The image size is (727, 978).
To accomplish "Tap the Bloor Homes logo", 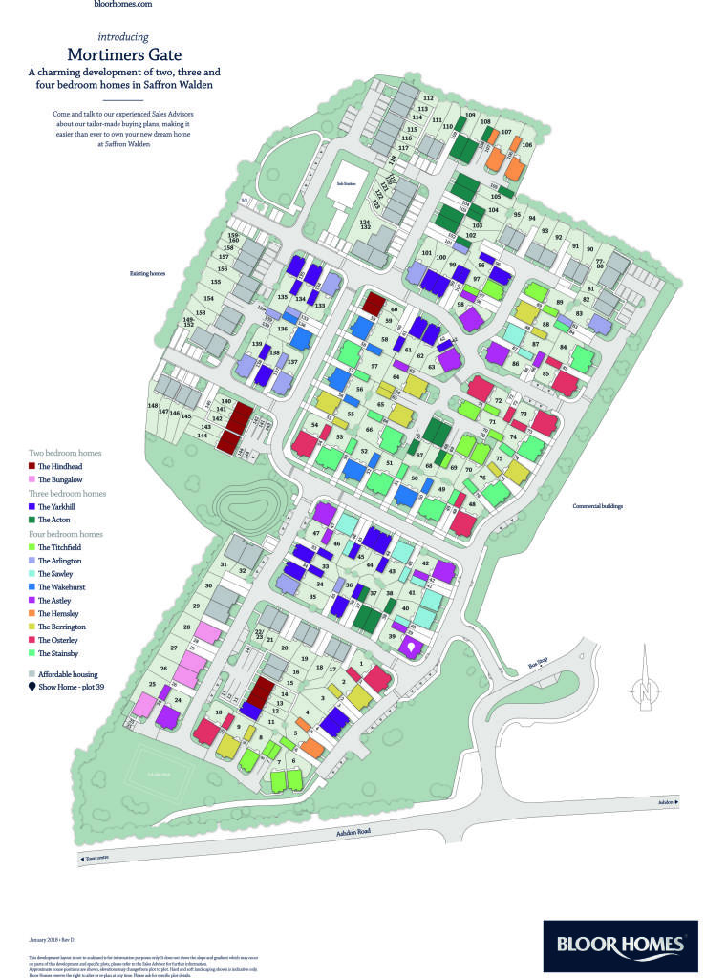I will pyautogui.click(x=620, y=946).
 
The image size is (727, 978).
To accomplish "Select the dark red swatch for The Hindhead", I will pyautogui.click(x=32, y=465).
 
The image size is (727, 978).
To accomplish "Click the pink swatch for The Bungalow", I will pyautogui.click(x=32, y=478).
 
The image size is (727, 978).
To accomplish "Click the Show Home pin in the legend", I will pyautogui.click(x=32, y=687).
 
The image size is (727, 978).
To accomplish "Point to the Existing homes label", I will pyautogui.click(x=148, y=274).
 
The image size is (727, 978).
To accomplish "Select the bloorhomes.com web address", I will pyautogui.click(x=124, y=5).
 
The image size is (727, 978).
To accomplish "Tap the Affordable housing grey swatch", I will pyautogui.click(x=32, y=673).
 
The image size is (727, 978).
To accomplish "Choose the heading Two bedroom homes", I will pyautogui.click(x=66, y=452).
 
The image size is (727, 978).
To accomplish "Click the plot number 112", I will pyautogui.click(x=428, y=98).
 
